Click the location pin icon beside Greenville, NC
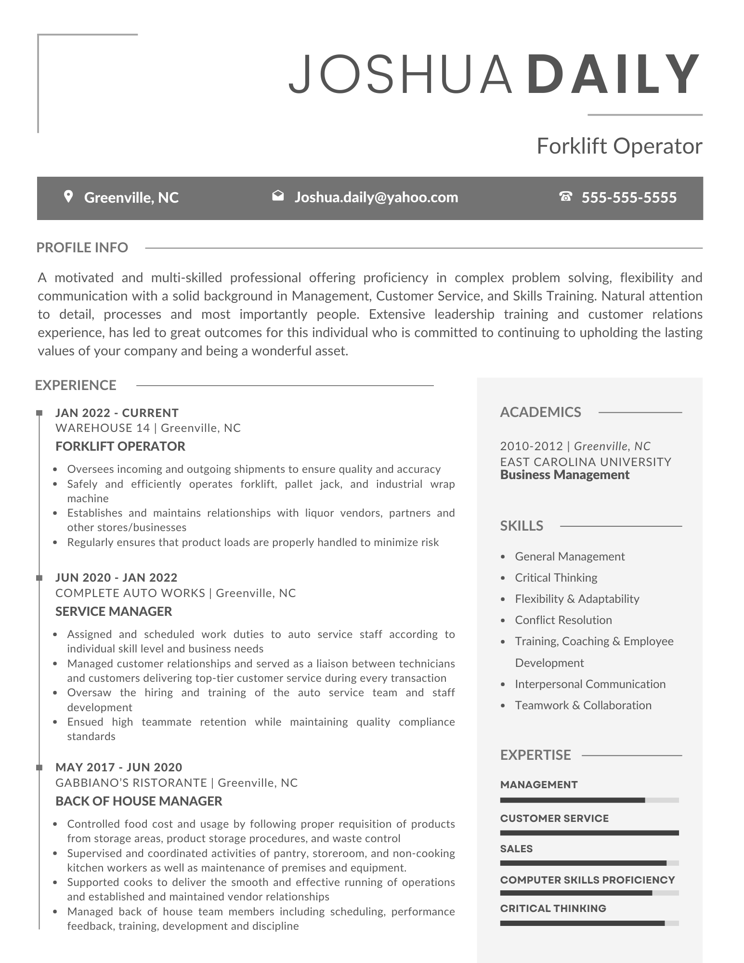(x=68, y=196)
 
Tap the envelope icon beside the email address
(x=278, y=195)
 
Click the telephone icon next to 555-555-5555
(x=565, y=196)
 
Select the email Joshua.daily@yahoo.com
(x=376, y=197)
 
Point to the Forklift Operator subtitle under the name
(x=619, y=146)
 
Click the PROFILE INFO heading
(x=82, y=247)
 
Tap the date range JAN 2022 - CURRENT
(x=117, y=413)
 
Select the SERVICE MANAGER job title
(x=114, y=612)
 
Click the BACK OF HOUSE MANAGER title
(x=139, y=801)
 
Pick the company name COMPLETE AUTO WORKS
(x=131, y=593)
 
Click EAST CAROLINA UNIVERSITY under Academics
(x=586, y=462)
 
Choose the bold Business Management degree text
(x=565, y=475)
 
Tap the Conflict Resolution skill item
(x=563, y=620)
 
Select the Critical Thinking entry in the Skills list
(x=556, y=578)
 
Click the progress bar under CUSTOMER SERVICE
(x=589, y=833)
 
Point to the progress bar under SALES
(x=589, y=863)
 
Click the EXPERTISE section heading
(x=535, y=755)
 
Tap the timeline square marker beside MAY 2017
(x=39, y=768)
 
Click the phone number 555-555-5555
(x=629, y=197)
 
